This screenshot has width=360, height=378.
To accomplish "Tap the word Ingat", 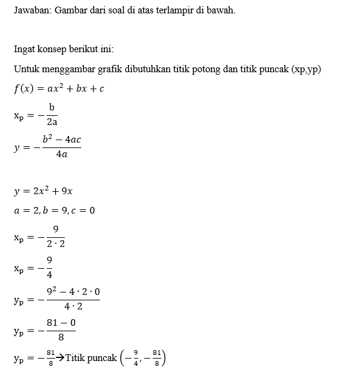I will click(25, 49).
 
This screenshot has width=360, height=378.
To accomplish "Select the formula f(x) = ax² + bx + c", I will click(59, 89).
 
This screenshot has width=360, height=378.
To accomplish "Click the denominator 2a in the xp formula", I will click(52, 122).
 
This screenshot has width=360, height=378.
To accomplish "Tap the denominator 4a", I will click(61, 155).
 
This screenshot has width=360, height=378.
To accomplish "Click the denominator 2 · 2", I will click(56, 244).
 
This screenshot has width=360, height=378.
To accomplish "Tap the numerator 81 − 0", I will click(61, 322).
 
